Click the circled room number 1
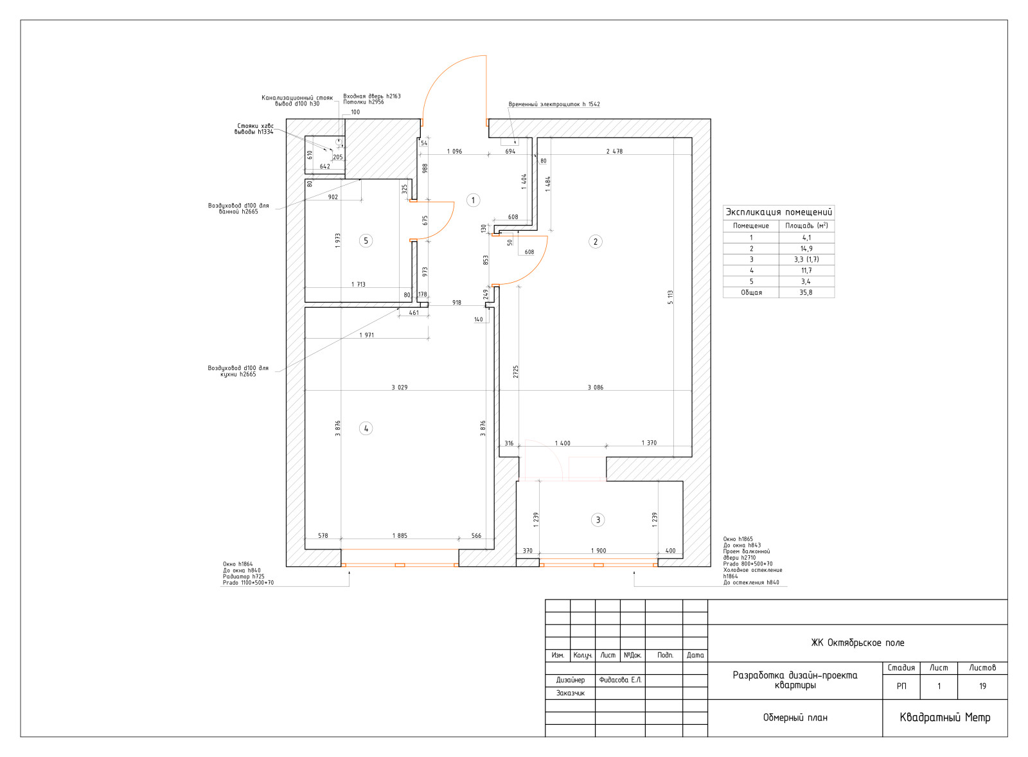[x=473, y=200]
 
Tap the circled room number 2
[x=595, y=242]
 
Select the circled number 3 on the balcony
[x=598, y=520]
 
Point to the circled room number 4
[x=366, y=429]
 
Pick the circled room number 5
[x=366, y=240]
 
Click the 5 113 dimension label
[x=670, y=297]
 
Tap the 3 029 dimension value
[x=399, y=387]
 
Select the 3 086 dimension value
[x=595, y=387]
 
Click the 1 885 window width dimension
[x=399, y=535]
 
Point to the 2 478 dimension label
[x=614, y=151]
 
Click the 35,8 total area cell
[x=806, y=292]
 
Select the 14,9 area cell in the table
[x=806, y=248]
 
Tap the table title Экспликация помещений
[x=778, y=212]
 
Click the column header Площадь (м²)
[x=806, y=226]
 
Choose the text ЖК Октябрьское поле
[x=857, y=643]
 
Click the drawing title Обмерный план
[x=795, y=718]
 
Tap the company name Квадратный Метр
[x=944, y=717]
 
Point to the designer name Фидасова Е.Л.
[x=620, y=680]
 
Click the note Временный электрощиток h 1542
[x=554, y=104]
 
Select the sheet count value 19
[x=982, y=686]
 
